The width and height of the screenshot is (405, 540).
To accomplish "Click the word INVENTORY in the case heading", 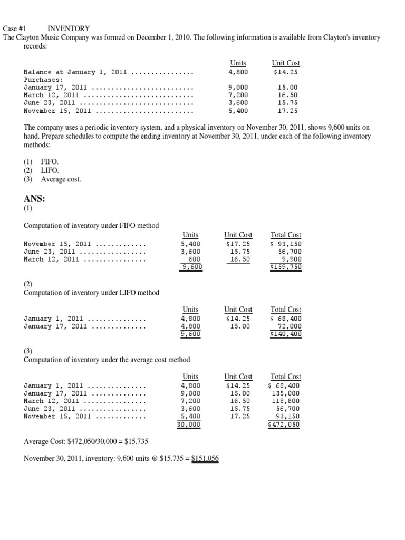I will click(x=69, y=28).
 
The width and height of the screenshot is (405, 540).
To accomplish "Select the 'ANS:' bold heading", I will click(x=35, y=199).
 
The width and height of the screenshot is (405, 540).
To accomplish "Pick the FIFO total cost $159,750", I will click(x=285, y=267).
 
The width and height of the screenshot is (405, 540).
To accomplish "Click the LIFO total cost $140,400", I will click(x=285, y=333).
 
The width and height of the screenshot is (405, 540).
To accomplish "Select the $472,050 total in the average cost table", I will click(x=285, y=424).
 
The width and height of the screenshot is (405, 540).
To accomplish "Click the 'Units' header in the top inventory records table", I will click(x=238, y=63).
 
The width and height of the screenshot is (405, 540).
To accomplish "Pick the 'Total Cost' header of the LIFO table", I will click(x=285, y=310).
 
